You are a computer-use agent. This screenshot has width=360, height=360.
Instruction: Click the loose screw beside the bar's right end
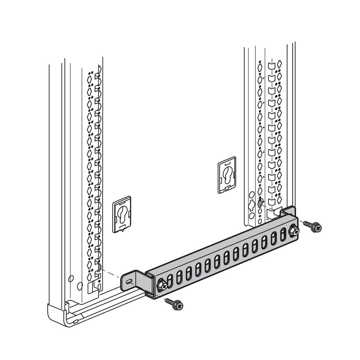tap(312, 226)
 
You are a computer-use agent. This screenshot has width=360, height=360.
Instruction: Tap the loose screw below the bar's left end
tap(174, 304)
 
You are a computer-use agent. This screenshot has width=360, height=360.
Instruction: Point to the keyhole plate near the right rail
tap(226, 175)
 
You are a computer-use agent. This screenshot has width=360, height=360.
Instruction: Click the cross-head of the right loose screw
tap(318, 228)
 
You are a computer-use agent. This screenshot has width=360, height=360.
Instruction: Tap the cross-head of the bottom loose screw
tap(180, 306)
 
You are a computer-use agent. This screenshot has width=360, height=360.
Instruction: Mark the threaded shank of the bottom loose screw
tap(169, 301)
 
